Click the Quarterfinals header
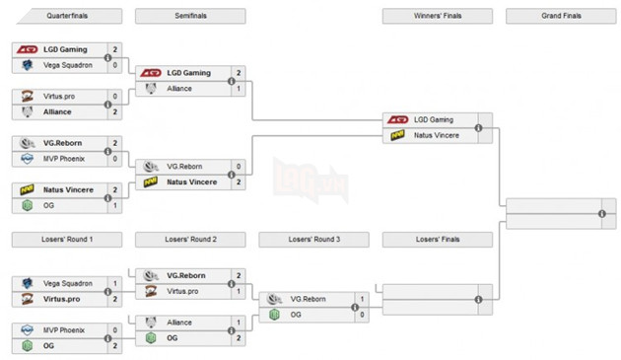pos(66,17)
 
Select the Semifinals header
pos(189,17)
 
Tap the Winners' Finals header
pos(437,17)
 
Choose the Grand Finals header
pos(560,17)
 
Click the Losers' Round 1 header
pos(66,240)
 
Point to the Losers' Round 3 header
pos(313,240)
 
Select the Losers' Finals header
pos(437,240)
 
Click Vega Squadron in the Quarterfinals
pos(67,65)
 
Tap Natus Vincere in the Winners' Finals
pos(436,134)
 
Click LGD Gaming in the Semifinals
pos(188,73)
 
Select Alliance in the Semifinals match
pos(179,88)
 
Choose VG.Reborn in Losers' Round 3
pos(309,299)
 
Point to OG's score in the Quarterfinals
pos(115,205)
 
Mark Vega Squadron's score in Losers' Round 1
pos(115,283)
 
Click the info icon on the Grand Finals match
pos(600,214)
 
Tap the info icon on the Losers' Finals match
pos(478,299)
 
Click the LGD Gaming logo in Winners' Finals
pos(398,119)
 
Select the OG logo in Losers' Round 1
pos(28,345)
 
